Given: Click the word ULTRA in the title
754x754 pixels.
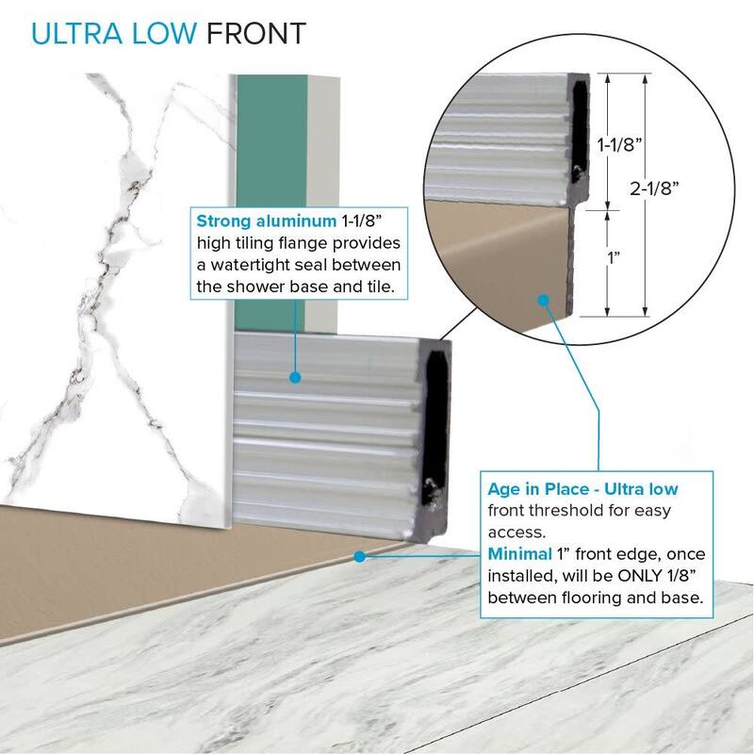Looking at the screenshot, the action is tap(77, 34).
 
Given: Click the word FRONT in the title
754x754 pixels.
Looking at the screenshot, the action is tap(256, 34).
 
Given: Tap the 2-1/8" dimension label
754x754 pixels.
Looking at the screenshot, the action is tap(654, 188).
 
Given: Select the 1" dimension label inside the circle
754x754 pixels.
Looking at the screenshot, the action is tap(614, 257).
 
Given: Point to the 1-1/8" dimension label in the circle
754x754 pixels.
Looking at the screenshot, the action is tap(620, 144).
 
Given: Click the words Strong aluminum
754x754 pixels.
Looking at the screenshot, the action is tap(267, 221).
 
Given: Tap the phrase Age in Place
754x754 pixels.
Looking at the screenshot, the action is tap(538, 489).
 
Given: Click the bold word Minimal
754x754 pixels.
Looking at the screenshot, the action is tap(520, 554).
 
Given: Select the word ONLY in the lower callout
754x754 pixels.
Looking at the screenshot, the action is tap(640, 576).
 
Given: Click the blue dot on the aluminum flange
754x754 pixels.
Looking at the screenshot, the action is tap(295, 378).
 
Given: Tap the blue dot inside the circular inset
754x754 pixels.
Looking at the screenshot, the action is tap(544, 301).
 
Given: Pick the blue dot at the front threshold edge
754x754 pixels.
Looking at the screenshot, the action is tap(359, 556).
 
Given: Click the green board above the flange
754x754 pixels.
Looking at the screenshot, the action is tap(270, 202).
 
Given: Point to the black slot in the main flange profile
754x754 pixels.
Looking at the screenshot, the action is tap(435, 428).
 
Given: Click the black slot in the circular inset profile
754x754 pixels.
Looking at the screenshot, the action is tap(580, 129).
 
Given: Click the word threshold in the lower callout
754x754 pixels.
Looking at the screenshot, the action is tap(560, 510).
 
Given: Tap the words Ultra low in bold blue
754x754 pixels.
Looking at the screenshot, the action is tap(641, 489).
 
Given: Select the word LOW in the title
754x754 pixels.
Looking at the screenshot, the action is tap(164, 34).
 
